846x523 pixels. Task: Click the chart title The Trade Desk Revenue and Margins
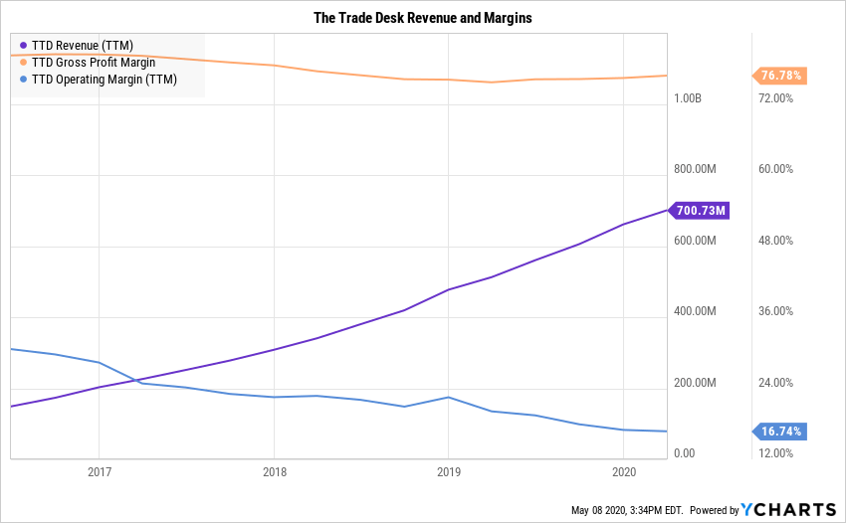(x=423, y=19)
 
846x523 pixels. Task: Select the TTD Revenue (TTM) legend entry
(x=83, y=45)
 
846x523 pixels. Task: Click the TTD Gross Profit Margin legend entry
(x=94, y=62)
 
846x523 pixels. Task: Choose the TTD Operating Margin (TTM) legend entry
(x=104, y=80)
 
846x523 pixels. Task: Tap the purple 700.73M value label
(x=702, y=210)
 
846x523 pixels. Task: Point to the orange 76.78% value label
(x=781, y=76)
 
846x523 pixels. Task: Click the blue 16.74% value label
(x=781, y=432)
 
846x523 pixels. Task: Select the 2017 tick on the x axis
(x=99, y=472)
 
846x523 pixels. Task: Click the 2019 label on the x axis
(x=448, y=472)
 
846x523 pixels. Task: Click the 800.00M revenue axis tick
(x=695, y=169)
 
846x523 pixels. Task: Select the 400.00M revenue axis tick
(x=695, y=311)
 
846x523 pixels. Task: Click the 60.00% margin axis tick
(x=775, y=169)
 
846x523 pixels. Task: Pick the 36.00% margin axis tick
(x=775, y=311)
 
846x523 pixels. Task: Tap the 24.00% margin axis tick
(x=775, y=383)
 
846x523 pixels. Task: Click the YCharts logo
(x=789, y=510)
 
